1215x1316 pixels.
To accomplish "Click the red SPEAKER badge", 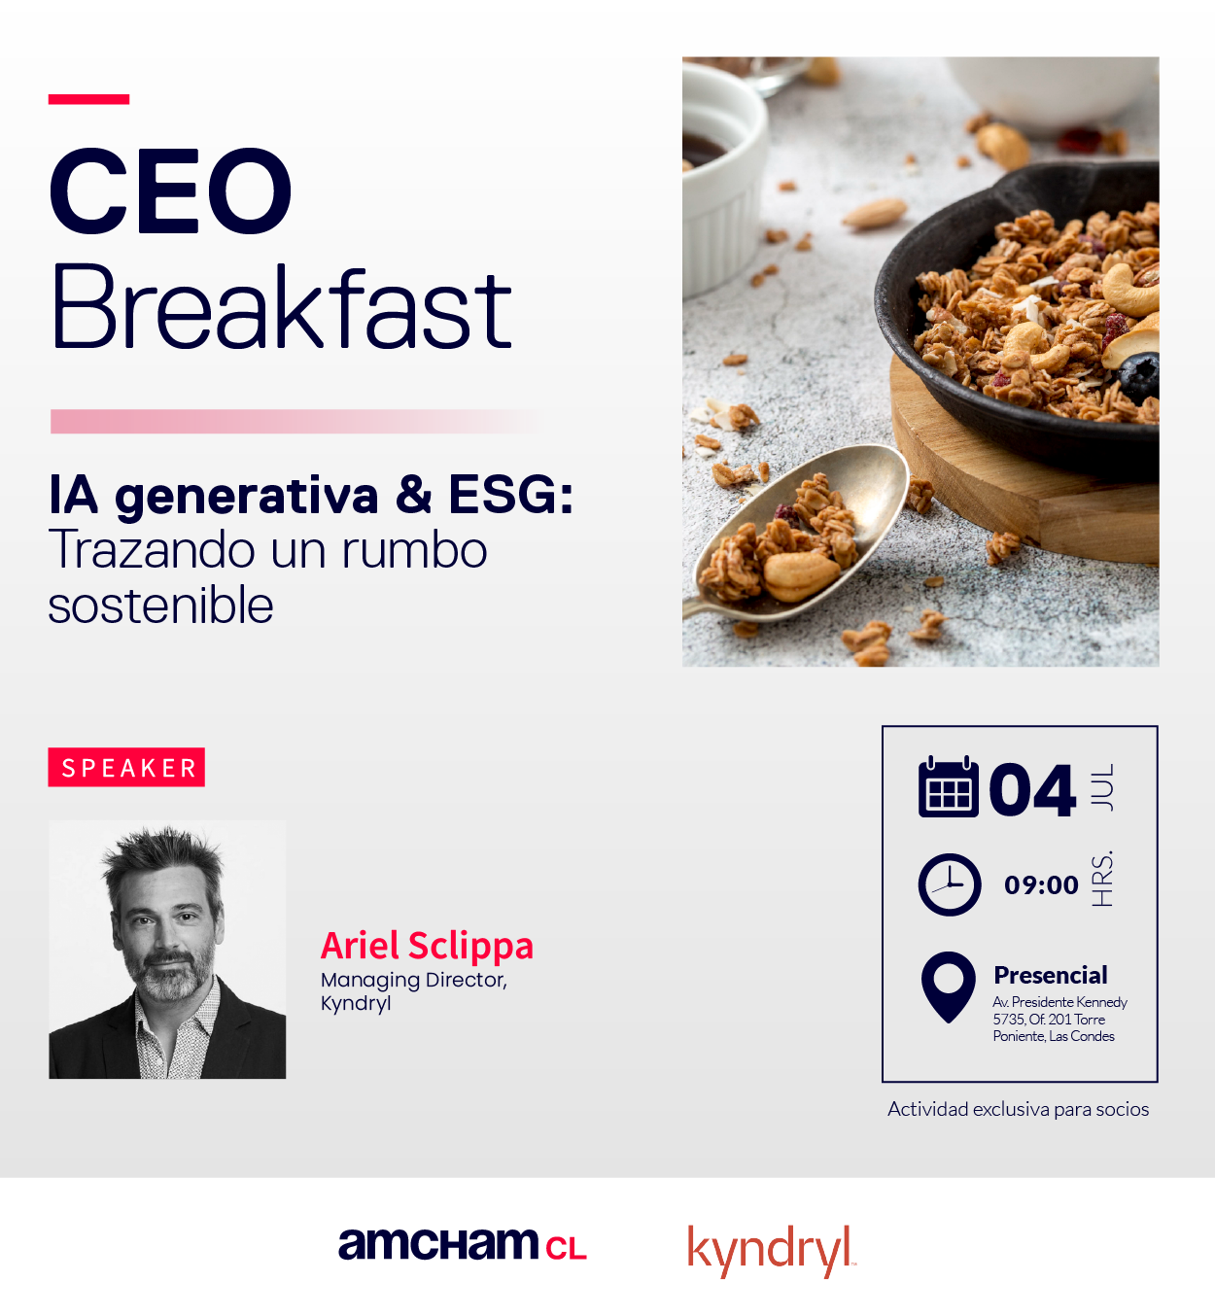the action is point(126,767).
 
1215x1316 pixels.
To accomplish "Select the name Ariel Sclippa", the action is point(427,946).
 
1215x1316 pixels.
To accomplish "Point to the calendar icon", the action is point(949,786).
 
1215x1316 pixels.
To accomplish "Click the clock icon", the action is point(950,884).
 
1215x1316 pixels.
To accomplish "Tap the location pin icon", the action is point(949,987).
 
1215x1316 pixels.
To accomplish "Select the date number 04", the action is point(1032,789).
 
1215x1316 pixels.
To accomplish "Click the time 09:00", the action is point(1041,885).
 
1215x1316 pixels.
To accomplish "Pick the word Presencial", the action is point(1051,976).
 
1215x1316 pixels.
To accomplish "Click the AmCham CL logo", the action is point(463,1245).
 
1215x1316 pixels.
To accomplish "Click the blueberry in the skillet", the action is point(1139,376).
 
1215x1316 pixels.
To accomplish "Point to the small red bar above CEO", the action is point(88,99).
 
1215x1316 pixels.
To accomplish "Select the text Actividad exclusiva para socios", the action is point(1018,1109).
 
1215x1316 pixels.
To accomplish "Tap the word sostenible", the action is point(160,605).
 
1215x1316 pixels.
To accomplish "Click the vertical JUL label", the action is point(1102,787).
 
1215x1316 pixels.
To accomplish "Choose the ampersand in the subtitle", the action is point(414,495).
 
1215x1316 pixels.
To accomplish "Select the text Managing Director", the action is point(414,980).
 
